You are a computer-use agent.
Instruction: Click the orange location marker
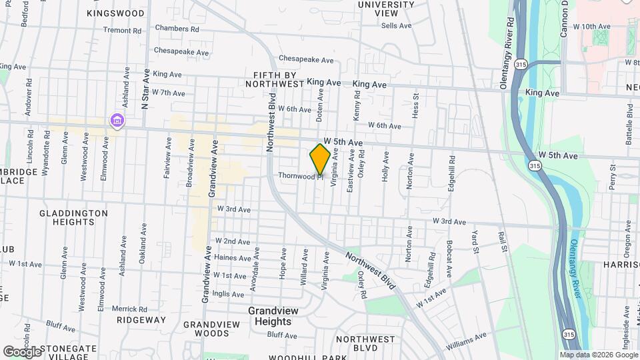coord(320,159)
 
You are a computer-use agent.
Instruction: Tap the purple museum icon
coord(117,121)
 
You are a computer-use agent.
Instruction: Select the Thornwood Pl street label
coord(301,175)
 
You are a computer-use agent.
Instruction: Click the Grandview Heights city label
coord(270,316)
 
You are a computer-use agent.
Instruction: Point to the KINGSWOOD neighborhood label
coord(115,13)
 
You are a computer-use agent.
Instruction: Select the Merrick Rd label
coord(129,309)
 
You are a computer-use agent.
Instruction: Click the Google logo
coord(23,351)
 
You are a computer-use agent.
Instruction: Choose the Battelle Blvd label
coord(629,125)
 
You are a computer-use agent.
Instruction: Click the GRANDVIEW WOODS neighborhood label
coord(211,329)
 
